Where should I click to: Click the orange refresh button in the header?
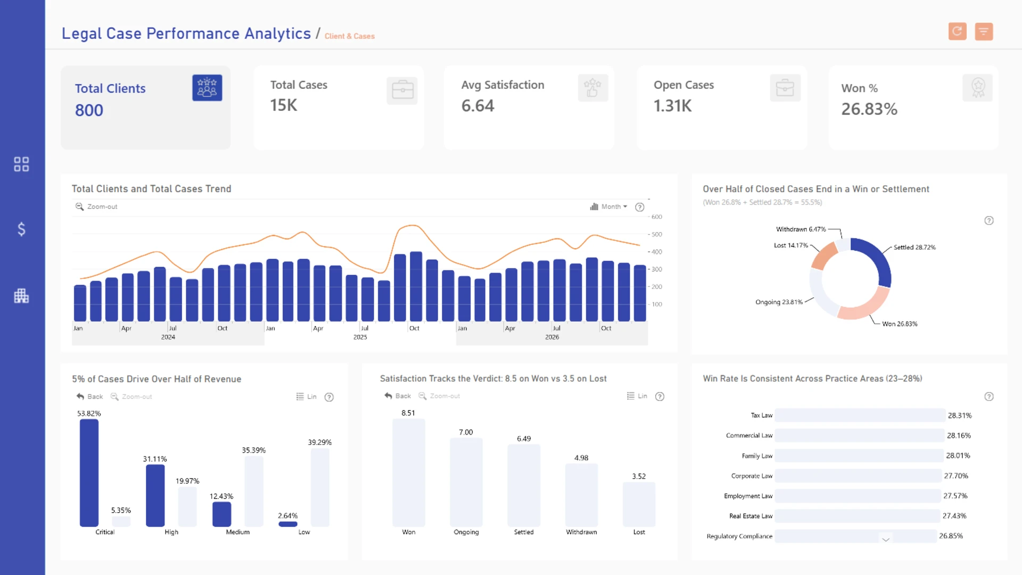click(957, 31)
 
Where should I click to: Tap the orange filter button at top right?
click(984, 31)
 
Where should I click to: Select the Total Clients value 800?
click(89, 110)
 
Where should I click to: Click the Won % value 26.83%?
click(869, 109)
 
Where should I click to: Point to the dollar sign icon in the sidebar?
click(21, 229)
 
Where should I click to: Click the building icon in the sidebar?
click(21, 295)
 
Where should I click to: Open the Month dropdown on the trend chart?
click(609, 207)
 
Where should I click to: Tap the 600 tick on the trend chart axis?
click(657, 217)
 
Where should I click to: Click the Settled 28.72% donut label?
click(914, 247)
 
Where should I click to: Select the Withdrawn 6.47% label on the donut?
click(801, 229)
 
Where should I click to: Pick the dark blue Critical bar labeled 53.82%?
click(89, 473)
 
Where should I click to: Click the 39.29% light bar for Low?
click(320, 487)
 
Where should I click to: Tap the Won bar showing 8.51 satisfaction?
click(409, 473)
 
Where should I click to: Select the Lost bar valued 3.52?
click(639, 505)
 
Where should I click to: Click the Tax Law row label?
click(762, 415)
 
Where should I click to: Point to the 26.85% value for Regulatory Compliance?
click(951, 536)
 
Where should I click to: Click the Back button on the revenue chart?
click(89, 397)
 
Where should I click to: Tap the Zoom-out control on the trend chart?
click(96, 207)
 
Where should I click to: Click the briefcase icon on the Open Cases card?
click(785, 88)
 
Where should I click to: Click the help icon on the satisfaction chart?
click(660, 397)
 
